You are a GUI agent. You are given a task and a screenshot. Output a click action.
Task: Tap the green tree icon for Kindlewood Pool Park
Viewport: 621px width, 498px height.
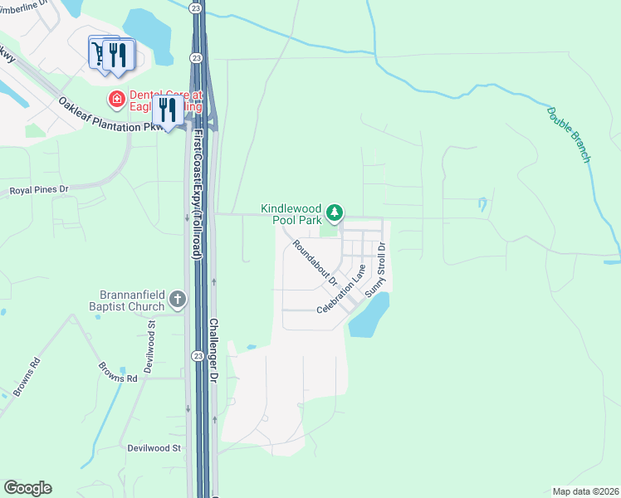(x=334, y=214)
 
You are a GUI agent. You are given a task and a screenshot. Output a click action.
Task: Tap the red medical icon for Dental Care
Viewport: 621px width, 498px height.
(x=117, y=100)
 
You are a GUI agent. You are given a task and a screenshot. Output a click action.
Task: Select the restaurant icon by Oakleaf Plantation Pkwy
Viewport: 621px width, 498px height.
(x=168, y=110)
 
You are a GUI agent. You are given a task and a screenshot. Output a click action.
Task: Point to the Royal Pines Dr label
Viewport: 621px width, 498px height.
(x=39, y=191)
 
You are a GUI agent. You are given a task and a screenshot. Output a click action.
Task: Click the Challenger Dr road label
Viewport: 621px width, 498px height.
(x=213, y=349)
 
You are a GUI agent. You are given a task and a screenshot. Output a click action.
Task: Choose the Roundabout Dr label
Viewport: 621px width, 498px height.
(x=314, y=263)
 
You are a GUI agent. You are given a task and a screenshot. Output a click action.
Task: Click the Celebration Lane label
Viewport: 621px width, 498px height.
(x=341, y=290)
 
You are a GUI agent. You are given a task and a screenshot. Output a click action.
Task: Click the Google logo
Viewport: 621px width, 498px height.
(x=27, y=488)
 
